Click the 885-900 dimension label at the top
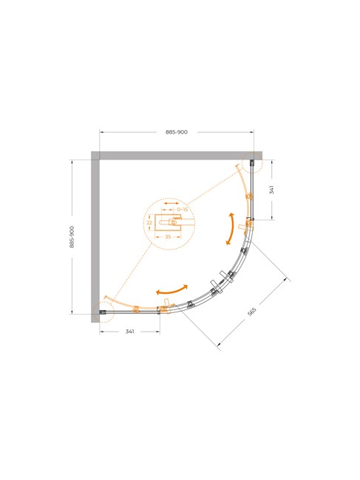click(x=177, y=132)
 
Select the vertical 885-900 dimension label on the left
click(x=72, y=236)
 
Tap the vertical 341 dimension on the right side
click(x=271, y=190)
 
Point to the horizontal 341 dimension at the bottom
click(x=130, y=332)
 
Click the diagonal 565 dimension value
click(x=251, y=312)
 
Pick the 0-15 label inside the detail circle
click(x=183, y=210)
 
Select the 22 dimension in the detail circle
click(x=149, y=222)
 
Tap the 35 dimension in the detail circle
click(x=168, y=236)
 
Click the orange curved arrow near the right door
click(x=231, y=228)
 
